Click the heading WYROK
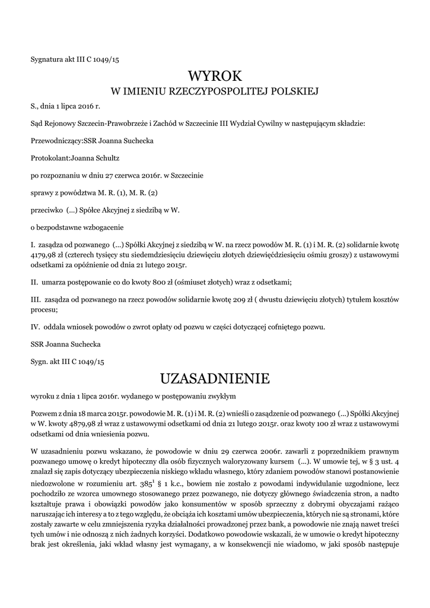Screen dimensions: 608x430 click(215, 77)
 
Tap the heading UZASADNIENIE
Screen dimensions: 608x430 click(215, 378)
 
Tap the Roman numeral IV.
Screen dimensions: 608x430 click(34, 326)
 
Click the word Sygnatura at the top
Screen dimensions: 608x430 click(47, 59)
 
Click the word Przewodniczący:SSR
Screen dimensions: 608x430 click(62, 141)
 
